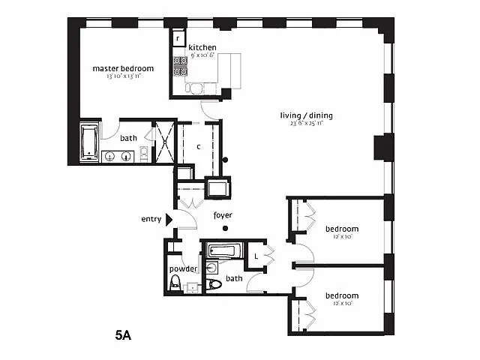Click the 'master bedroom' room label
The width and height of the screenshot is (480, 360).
click(x=122, y=68)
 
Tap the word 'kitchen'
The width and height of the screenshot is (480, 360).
click(x=202, y=47)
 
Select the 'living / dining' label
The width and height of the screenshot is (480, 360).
click(x=306, y=115)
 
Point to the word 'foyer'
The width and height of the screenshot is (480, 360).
click(x=223, y=215)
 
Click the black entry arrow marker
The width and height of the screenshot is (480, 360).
click(x=169, y=219)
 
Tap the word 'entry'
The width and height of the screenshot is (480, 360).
click(x=151, y=219)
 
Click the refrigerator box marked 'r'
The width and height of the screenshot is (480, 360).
click(x=178, y=38)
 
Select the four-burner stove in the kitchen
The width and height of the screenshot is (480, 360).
click(x=181, y=67)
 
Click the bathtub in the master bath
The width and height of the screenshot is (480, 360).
click(x=89, y=142)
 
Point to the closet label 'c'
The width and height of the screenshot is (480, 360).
click(x=198, y=146)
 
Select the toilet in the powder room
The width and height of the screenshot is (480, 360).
click(x=176, y=283)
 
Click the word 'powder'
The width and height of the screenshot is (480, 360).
click(x=183, y=268)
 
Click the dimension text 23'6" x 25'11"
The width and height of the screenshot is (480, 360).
click(x=306, y=124)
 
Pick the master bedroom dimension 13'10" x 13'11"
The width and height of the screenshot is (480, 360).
click(x=122, y=76)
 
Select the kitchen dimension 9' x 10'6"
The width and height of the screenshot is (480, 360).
click(x=202, y=55)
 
